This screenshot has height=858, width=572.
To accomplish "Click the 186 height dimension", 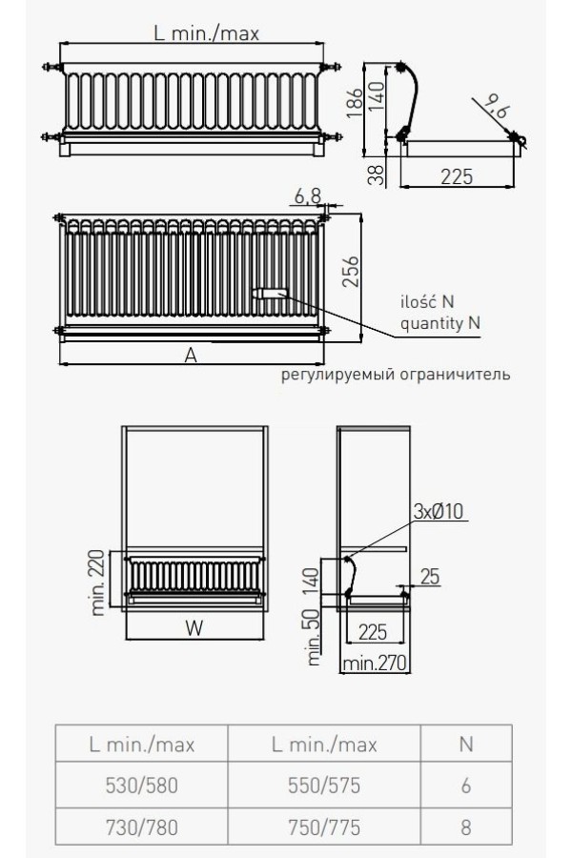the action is (x=356, y=102).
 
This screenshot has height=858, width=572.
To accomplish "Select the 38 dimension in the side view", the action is (x=377, y=175).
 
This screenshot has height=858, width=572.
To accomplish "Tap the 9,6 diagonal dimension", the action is (x=497, y=105).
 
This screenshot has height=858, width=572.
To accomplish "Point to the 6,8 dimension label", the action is (x=307, y=195).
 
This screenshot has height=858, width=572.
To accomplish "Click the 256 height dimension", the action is (x=350, y=271).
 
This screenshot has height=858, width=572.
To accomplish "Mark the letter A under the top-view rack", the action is (x=190, y=356).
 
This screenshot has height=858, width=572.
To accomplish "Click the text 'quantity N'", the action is (x=440, y=323).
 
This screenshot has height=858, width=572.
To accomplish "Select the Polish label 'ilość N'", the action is (x=427, y=301).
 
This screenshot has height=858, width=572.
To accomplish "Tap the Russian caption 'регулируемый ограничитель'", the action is (x=396, y=375).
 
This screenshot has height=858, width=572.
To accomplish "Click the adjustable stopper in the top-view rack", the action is (x=270, y=294).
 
